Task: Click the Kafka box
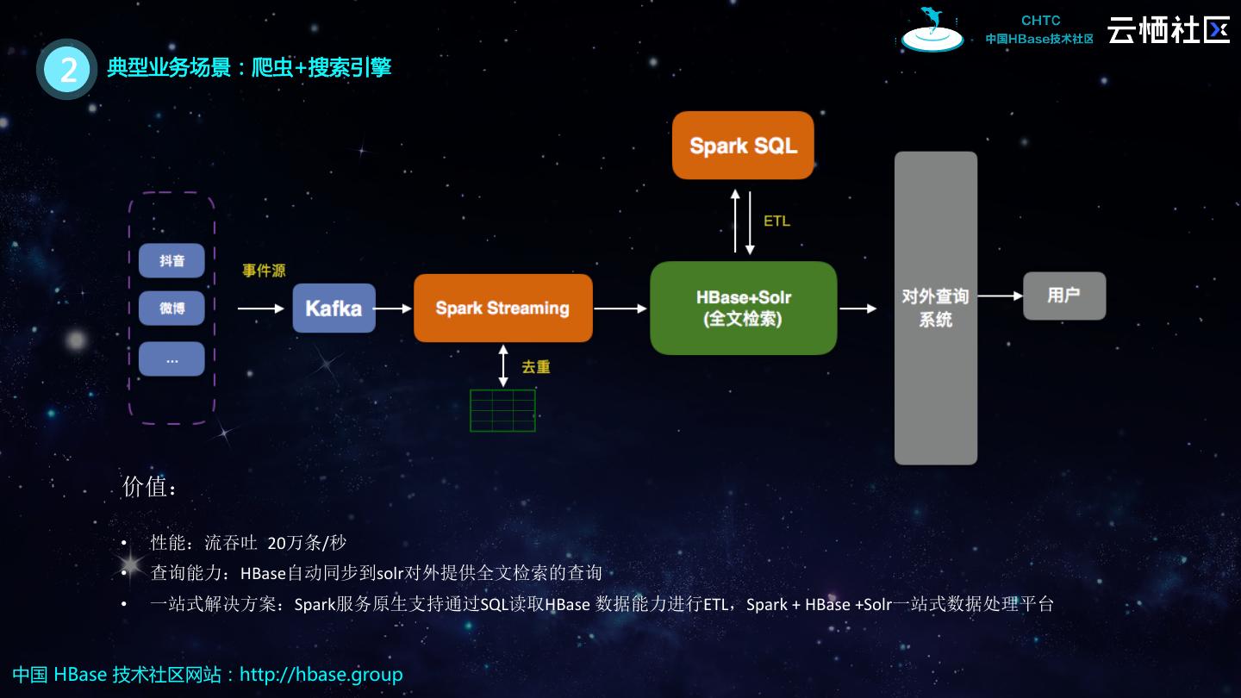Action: coord(334,308)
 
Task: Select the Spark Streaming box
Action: coord(502,308)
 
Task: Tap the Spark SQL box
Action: coord(743,145)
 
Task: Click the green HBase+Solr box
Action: coord(743,308)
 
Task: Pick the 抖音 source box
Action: coord(171,260)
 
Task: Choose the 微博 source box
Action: coord(171,308)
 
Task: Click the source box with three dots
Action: coord(171,359)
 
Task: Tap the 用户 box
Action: coord(1063,296)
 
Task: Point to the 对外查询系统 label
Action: coord(935,308)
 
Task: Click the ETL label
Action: coord(776,221)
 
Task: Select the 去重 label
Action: coord(535,367)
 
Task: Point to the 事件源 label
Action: coord(264,271)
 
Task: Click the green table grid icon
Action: coord(502,410)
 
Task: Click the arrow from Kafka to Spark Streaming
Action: coord(394,308)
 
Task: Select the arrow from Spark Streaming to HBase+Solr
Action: coord(620,308)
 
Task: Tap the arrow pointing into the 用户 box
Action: coord(1000,296)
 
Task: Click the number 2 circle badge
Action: coord(67,69)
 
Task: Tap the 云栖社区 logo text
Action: coord(1169,30)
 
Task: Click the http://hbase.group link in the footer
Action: coord(321,674)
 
